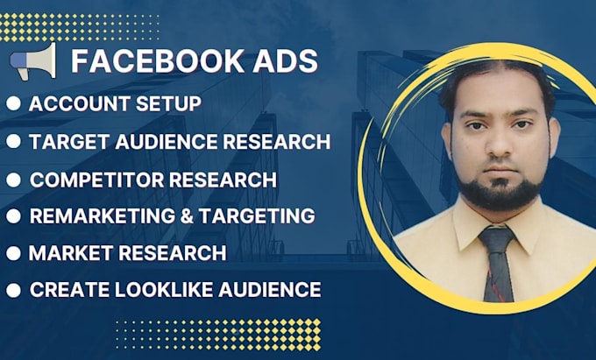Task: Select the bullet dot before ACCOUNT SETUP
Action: pos(13,103)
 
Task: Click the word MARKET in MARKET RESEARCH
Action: pos(67,253)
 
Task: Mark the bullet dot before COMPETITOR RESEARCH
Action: pos(13,180)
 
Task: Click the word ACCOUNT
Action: pos(74,103)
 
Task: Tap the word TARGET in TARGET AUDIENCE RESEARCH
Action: pos(63,141)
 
